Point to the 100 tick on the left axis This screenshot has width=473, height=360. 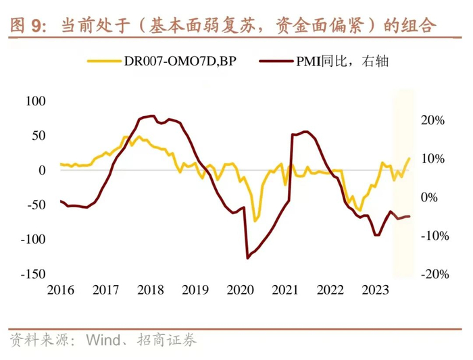click(x=34, y=101)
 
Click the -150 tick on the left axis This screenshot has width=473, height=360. click(x=31, y=274)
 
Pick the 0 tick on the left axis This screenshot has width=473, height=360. click(x=42, y=170)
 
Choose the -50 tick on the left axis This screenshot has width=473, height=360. click(x=34, y=205)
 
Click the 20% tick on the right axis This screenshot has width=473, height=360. click(x=432, y=121)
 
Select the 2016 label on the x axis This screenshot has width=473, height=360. click(x=61, y=290)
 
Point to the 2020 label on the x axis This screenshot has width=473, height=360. click(x=240, y=290)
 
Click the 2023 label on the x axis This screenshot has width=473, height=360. click(x=374, y=290)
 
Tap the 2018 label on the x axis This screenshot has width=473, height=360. click(x=150, y=290)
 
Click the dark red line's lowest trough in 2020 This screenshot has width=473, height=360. click(x=247, y=258)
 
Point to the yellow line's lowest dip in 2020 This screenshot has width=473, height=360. click(x=255, y=221)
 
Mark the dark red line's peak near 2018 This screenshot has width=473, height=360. click(x=152, y=115)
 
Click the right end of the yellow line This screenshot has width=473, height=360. click(x=409, y=158)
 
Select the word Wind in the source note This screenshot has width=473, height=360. click(x=103, y=340)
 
